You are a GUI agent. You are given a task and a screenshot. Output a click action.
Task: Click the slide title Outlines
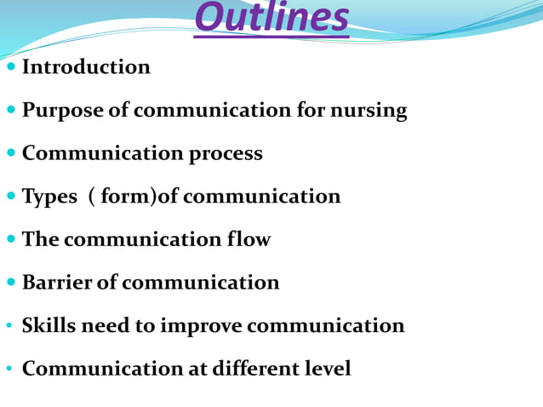271,19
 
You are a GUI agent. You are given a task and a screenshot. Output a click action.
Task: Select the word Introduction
86,67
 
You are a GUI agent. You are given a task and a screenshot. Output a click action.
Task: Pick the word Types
49,197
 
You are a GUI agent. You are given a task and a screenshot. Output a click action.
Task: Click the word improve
201,326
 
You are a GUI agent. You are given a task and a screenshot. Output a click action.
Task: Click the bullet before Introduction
10,67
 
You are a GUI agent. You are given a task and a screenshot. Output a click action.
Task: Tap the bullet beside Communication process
10,154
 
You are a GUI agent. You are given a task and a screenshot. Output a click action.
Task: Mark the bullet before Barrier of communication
10,283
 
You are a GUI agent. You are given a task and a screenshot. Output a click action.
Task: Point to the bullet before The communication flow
10,240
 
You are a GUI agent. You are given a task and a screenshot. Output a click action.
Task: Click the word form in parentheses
125,197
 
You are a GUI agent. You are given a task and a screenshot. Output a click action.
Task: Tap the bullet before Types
10,197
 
